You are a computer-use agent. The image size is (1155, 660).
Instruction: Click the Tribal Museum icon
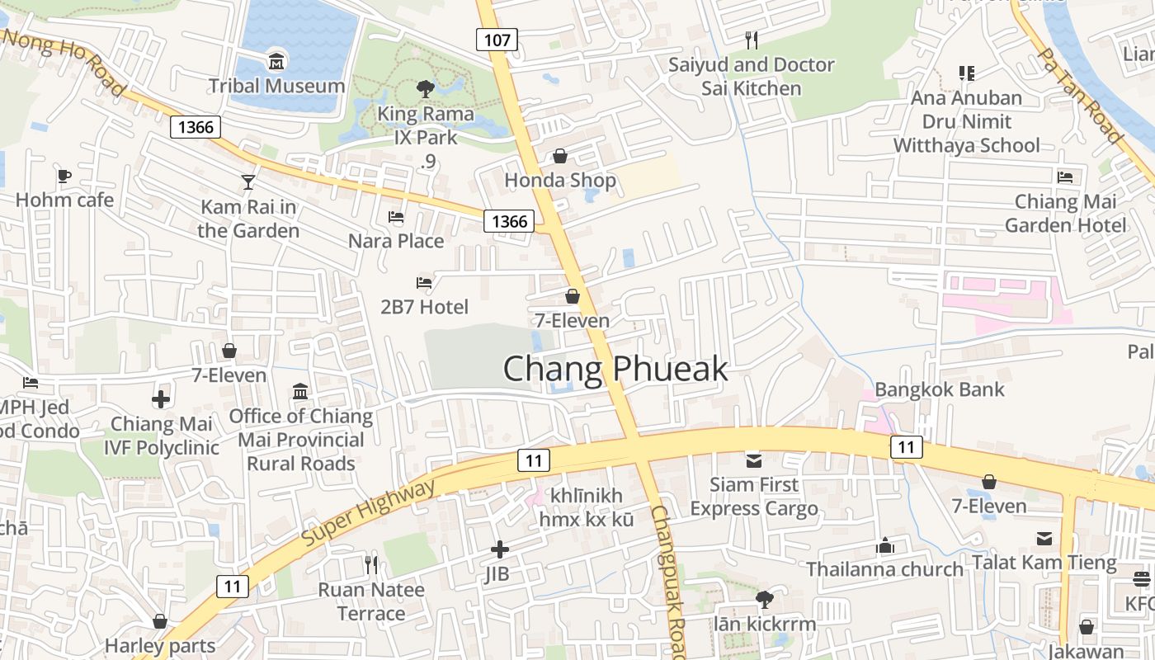(276, 61)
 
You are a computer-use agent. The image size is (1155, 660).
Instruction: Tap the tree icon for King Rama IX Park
(425, 88)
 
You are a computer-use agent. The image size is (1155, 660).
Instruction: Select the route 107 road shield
(497, 39)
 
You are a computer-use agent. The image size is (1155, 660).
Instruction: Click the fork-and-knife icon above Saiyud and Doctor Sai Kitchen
(751, 40)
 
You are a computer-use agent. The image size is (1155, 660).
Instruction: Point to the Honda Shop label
(560, 180)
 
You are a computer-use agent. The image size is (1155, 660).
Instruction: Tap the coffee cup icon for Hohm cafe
(64, 176)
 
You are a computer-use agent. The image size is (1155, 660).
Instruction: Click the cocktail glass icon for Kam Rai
(248, 182)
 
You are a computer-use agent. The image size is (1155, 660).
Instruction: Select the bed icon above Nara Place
(396, 217)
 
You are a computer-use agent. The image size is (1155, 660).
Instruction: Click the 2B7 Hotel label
(424, 307)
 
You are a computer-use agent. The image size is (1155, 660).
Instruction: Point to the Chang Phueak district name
(615, 369)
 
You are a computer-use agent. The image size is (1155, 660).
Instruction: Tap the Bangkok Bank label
(940, 389)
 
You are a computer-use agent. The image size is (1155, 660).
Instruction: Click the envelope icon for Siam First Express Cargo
(753, 460)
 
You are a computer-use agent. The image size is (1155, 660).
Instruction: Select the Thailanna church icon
(885, 545)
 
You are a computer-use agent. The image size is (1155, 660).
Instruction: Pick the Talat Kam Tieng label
(1044, 563)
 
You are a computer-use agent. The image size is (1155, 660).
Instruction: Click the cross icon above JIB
(499, 549)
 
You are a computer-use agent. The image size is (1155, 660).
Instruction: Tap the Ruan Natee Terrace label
(371, 601)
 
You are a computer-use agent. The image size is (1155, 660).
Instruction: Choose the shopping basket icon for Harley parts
(160, 621)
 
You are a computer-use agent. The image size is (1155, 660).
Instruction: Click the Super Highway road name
(368, 513)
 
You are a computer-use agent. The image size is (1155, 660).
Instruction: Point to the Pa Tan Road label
(1080, 95)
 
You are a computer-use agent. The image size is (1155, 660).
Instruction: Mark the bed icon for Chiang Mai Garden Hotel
(1065, 177)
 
